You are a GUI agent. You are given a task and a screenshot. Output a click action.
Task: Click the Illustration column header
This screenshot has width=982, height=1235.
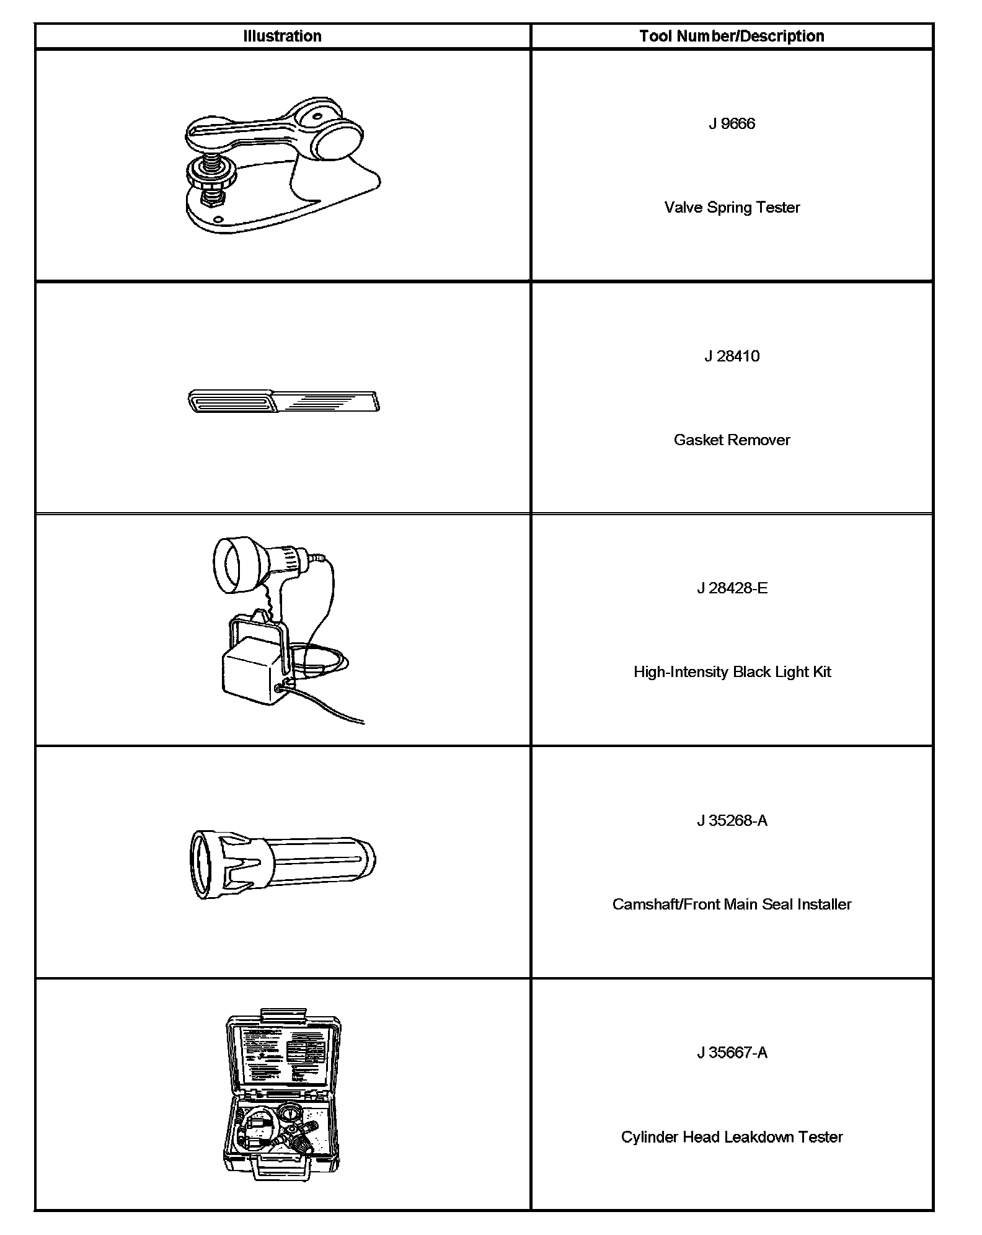point(282,36)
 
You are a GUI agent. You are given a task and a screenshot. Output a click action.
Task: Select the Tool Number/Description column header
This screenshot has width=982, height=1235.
point(732,36)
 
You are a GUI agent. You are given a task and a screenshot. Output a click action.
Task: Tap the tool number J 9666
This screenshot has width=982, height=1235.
point(732,123)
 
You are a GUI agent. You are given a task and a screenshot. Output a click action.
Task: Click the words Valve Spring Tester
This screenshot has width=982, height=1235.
point(732,207)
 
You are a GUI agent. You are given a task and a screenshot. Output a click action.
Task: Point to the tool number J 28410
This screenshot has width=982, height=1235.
point(732,356)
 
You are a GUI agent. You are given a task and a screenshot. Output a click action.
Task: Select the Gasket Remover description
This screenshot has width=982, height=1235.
point(732,440)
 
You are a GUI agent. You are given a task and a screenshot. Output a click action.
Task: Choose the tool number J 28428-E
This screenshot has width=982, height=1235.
point(732,588)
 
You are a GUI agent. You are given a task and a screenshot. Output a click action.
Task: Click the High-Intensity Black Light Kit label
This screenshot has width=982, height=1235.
point(732,671)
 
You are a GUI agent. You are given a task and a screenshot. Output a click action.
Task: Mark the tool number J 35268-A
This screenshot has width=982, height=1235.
point(732,820)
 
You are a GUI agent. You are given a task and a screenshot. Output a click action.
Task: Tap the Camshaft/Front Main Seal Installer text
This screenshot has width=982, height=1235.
point(732,904)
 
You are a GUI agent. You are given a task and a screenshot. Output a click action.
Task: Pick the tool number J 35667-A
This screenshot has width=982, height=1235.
point(732,1052)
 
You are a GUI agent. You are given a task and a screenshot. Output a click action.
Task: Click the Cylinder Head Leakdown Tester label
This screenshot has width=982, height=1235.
point(732,1136)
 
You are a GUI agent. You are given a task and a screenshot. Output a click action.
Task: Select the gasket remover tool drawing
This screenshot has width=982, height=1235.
point(283,401)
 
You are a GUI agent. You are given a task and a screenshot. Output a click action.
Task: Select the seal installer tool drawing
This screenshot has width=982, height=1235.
point(282,863)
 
